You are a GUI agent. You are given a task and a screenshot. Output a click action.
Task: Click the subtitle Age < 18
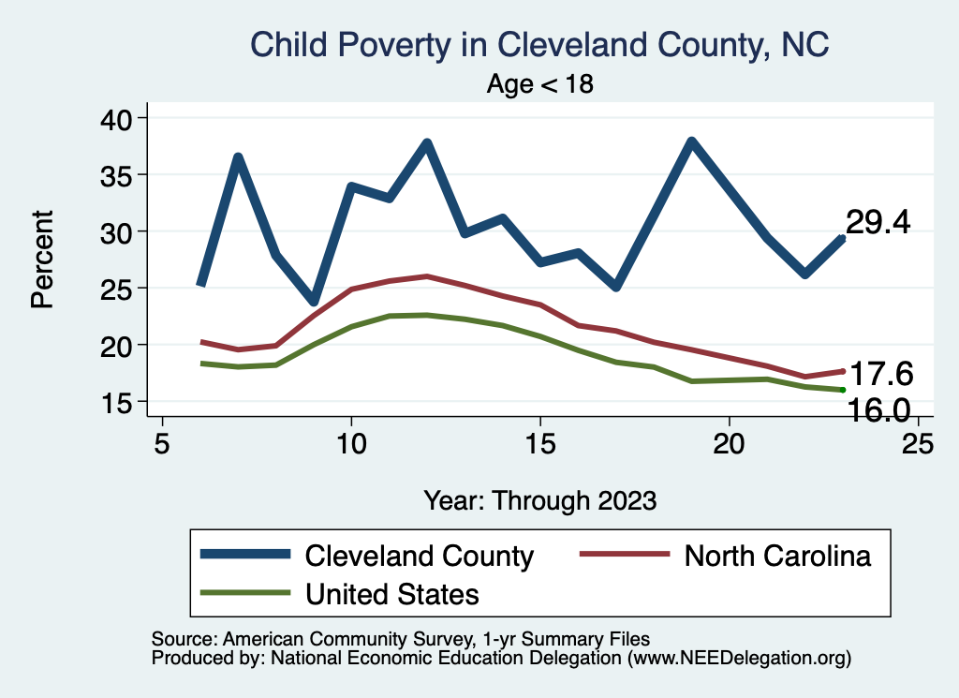click(540, 83)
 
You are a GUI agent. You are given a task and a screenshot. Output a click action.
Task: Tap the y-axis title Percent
click(41, 260)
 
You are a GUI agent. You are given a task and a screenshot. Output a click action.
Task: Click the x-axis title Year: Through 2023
click(540, 499)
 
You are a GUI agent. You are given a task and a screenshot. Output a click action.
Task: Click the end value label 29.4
click(878, 223)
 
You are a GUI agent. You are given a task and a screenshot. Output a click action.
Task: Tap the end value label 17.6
click(880, 374)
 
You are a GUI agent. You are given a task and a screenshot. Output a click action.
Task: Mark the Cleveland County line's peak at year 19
click(691, 142)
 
